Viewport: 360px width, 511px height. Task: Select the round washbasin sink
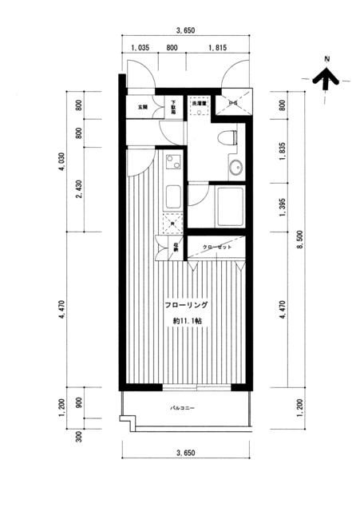pos(235,168)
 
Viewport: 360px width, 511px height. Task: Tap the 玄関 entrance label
pos(142,106)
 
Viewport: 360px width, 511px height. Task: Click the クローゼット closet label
pos(216,248)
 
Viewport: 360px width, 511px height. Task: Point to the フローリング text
pos(187,305)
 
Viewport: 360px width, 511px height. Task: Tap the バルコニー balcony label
pos(183,409)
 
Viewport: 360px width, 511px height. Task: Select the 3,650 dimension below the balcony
pos(185,453)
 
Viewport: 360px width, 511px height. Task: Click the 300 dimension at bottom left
pos(78,435)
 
